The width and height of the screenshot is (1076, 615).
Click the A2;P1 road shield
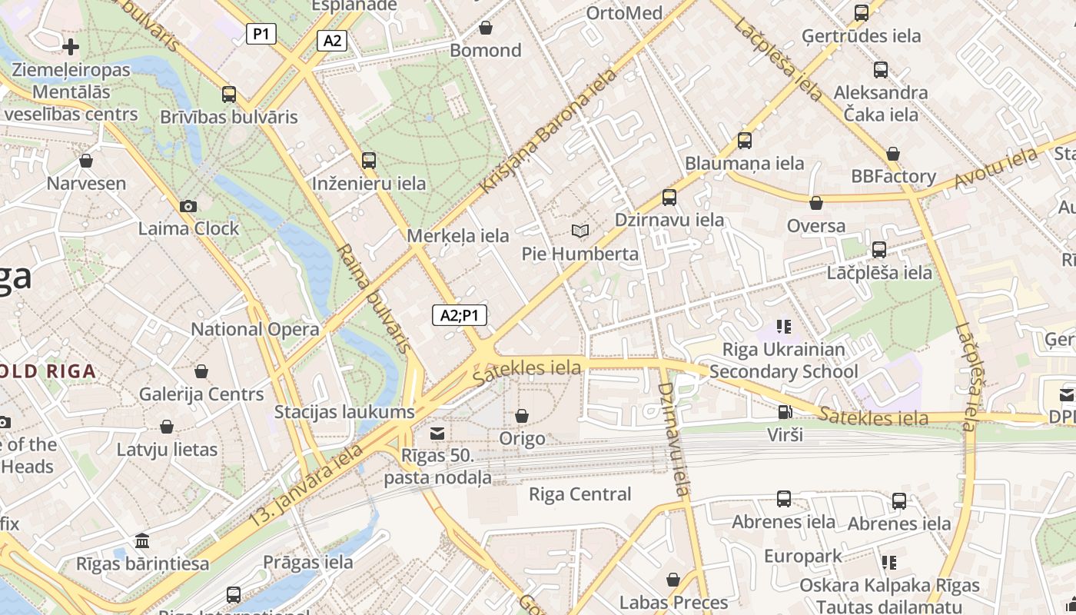[460, 314]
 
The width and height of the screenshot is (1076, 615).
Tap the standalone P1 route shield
[261, 34]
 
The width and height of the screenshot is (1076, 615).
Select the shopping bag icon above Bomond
[486, 28]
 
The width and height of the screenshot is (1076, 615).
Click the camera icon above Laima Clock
[188, 206]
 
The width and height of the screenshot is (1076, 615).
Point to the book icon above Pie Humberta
[580, 231]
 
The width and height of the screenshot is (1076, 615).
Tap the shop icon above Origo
[522, 416]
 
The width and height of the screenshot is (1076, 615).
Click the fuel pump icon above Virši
[784, 412]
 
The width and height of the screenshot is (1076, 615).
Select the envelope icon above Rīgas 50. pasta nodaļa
[437, 434]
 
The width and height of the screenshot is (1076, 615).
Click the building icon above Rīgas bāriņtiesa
[142, 541]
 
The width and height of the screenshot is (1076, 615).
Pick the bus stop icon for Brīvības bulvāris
[229, 95]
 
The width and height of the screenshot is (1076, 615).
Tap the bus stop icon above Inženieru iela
[369, 161]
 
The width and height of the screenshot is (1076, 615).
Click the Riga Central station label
[580, 494]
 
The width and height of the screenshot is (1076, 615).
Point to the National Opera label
[255, 329]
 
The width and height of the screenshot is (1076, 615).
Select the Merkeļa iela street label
[458, 236]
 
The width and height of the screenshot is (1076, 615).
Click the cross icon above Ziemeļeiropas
[71, 47]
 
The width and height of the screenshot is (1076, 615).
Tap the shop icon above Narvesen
[86, 161]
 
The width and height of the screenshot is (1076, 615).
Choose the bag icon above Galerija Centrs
[201, 371]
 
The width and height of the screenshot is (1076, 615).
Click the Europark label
[803, 556]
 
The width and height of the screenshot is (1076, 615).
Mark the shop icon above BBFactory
[893, 154]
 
